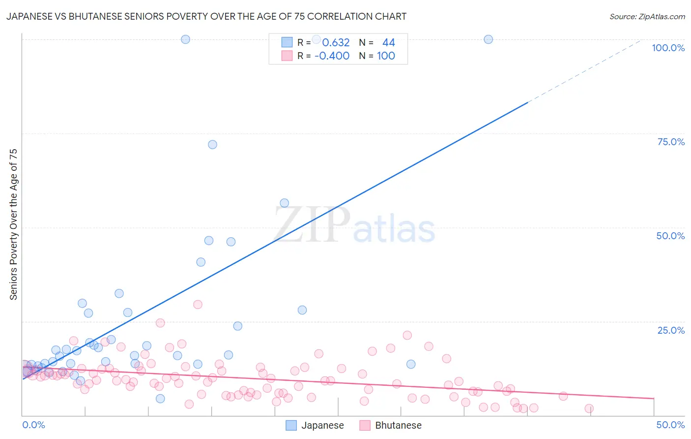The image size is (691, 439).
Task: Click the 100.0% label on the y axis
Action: [668, 48]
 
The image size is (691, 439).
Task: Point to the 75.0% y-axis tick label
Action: [671, 142]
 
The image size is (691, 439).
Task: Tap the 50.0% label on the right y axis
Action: [670, 236]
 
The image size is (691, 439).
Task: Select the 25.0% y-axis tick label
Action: [671, 330]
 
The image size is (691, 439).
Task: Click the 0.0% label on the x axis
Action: [33, 425]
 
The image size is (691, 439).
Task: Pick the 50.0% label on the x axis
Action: [670, 425]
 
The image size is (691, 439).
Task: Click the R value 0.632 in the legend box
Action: [336, 43]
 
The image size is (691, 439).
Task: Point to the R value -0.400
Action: [332, 56]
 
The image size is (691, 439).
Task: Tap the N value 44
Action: [388, 43]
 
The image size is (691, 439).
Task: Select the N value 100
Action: [386, 56]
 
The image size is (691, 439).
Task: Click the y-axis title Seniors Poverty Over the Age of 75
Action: [13, 224]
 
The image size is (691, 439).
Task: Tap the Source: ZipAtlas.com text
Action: [647, 16]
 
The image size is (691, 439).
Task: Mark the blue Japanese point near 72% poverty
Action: [212, 145]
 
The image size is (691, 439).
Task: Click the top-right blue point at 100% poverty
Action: [488, 39]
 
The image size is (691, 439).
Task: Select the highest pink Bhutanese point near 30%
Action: [198, 305]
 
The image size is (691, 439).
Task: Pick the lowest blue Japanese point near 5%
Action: [160, 399]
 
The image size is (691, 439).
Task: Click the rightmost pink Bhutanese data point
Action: [589, 408]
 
